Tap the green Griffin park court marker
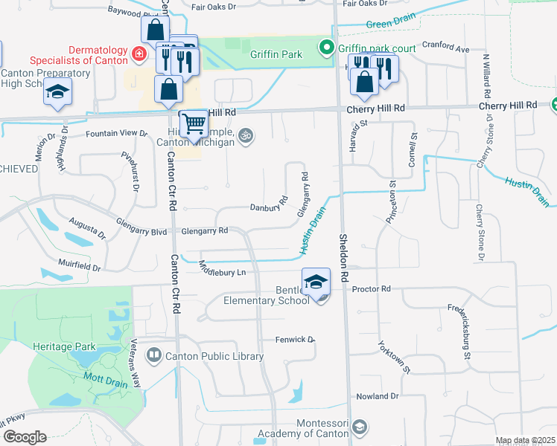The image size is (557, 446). click(326, 49)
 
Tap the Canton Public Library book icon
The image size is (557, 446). click(154, 356)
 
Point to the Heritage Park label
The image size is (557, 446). click(64, 346)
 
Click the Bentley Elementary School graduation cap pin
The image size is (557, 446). click(316, 282)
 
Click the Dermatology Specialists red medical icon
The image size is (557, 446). click(138, 54)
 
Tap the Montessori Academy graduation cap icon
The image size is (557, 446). click(360, 427)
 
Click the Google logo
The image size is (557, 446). click(24, 437)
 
